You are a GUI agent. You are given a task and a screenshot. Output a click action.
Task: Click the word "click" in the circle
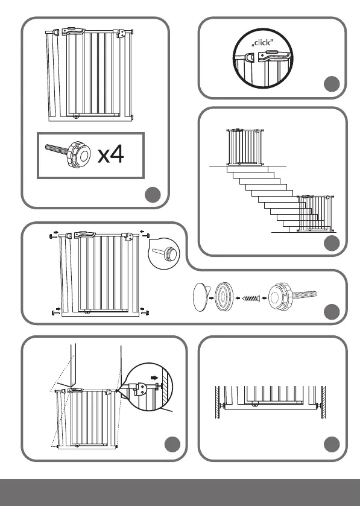tap(263, 43)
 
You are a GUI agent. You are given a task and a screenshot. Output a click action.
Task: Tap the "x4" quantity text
tap(110, 154)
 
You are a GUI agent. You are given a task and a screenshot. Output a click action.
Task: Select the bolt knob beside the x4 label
tap(69, 153)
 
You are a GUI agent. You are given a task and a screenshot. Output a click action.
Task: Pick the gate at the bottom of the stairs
tap(316, 213)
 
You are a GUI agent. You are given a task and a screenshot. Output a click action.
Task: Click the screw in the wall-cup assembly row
tap(251, 299)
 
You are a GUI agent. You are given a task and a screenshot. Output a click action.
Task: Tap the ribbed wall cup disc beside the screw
tap(224, 297)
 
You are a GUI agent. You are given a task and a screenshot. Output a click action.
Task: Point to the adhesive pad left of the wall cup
tap(201, 297)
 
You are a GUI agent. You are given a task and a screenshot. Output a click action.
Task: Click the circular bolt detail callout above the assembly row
tap(164, 254)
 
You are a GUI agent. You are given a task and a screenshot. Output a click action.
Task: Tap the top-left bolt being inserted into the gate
tap(53, 236)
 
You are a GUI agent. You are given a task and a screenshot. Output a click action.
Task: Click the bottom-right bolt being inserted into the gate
tap(145, 312)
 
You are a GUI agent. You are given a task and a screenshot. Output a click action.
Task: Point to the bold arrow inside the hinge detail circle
tap(154, 378)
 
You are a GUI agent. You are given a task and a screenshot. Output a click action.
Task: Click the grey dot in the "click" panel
tap(332, 84)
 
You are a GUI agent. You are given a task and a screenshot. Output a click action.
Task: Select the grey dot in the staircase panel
tap(332, 243)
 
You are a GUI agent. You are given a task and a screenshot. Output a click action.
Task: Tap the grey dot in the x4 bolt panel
tap(153, 195)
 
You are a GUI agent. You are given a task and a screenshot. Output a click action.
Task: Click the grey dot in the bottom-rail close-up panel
tap(332, 444)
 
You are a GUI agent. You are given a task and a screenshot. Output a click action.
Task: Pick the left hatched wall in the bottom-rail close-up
tap(218, 402)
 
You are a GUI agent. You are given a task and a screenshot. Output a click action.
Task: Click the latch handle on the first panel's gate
tap(74, 31)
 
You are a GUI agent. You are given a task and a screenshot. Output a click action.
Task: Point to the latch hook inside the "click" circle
tap(250, 57)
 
